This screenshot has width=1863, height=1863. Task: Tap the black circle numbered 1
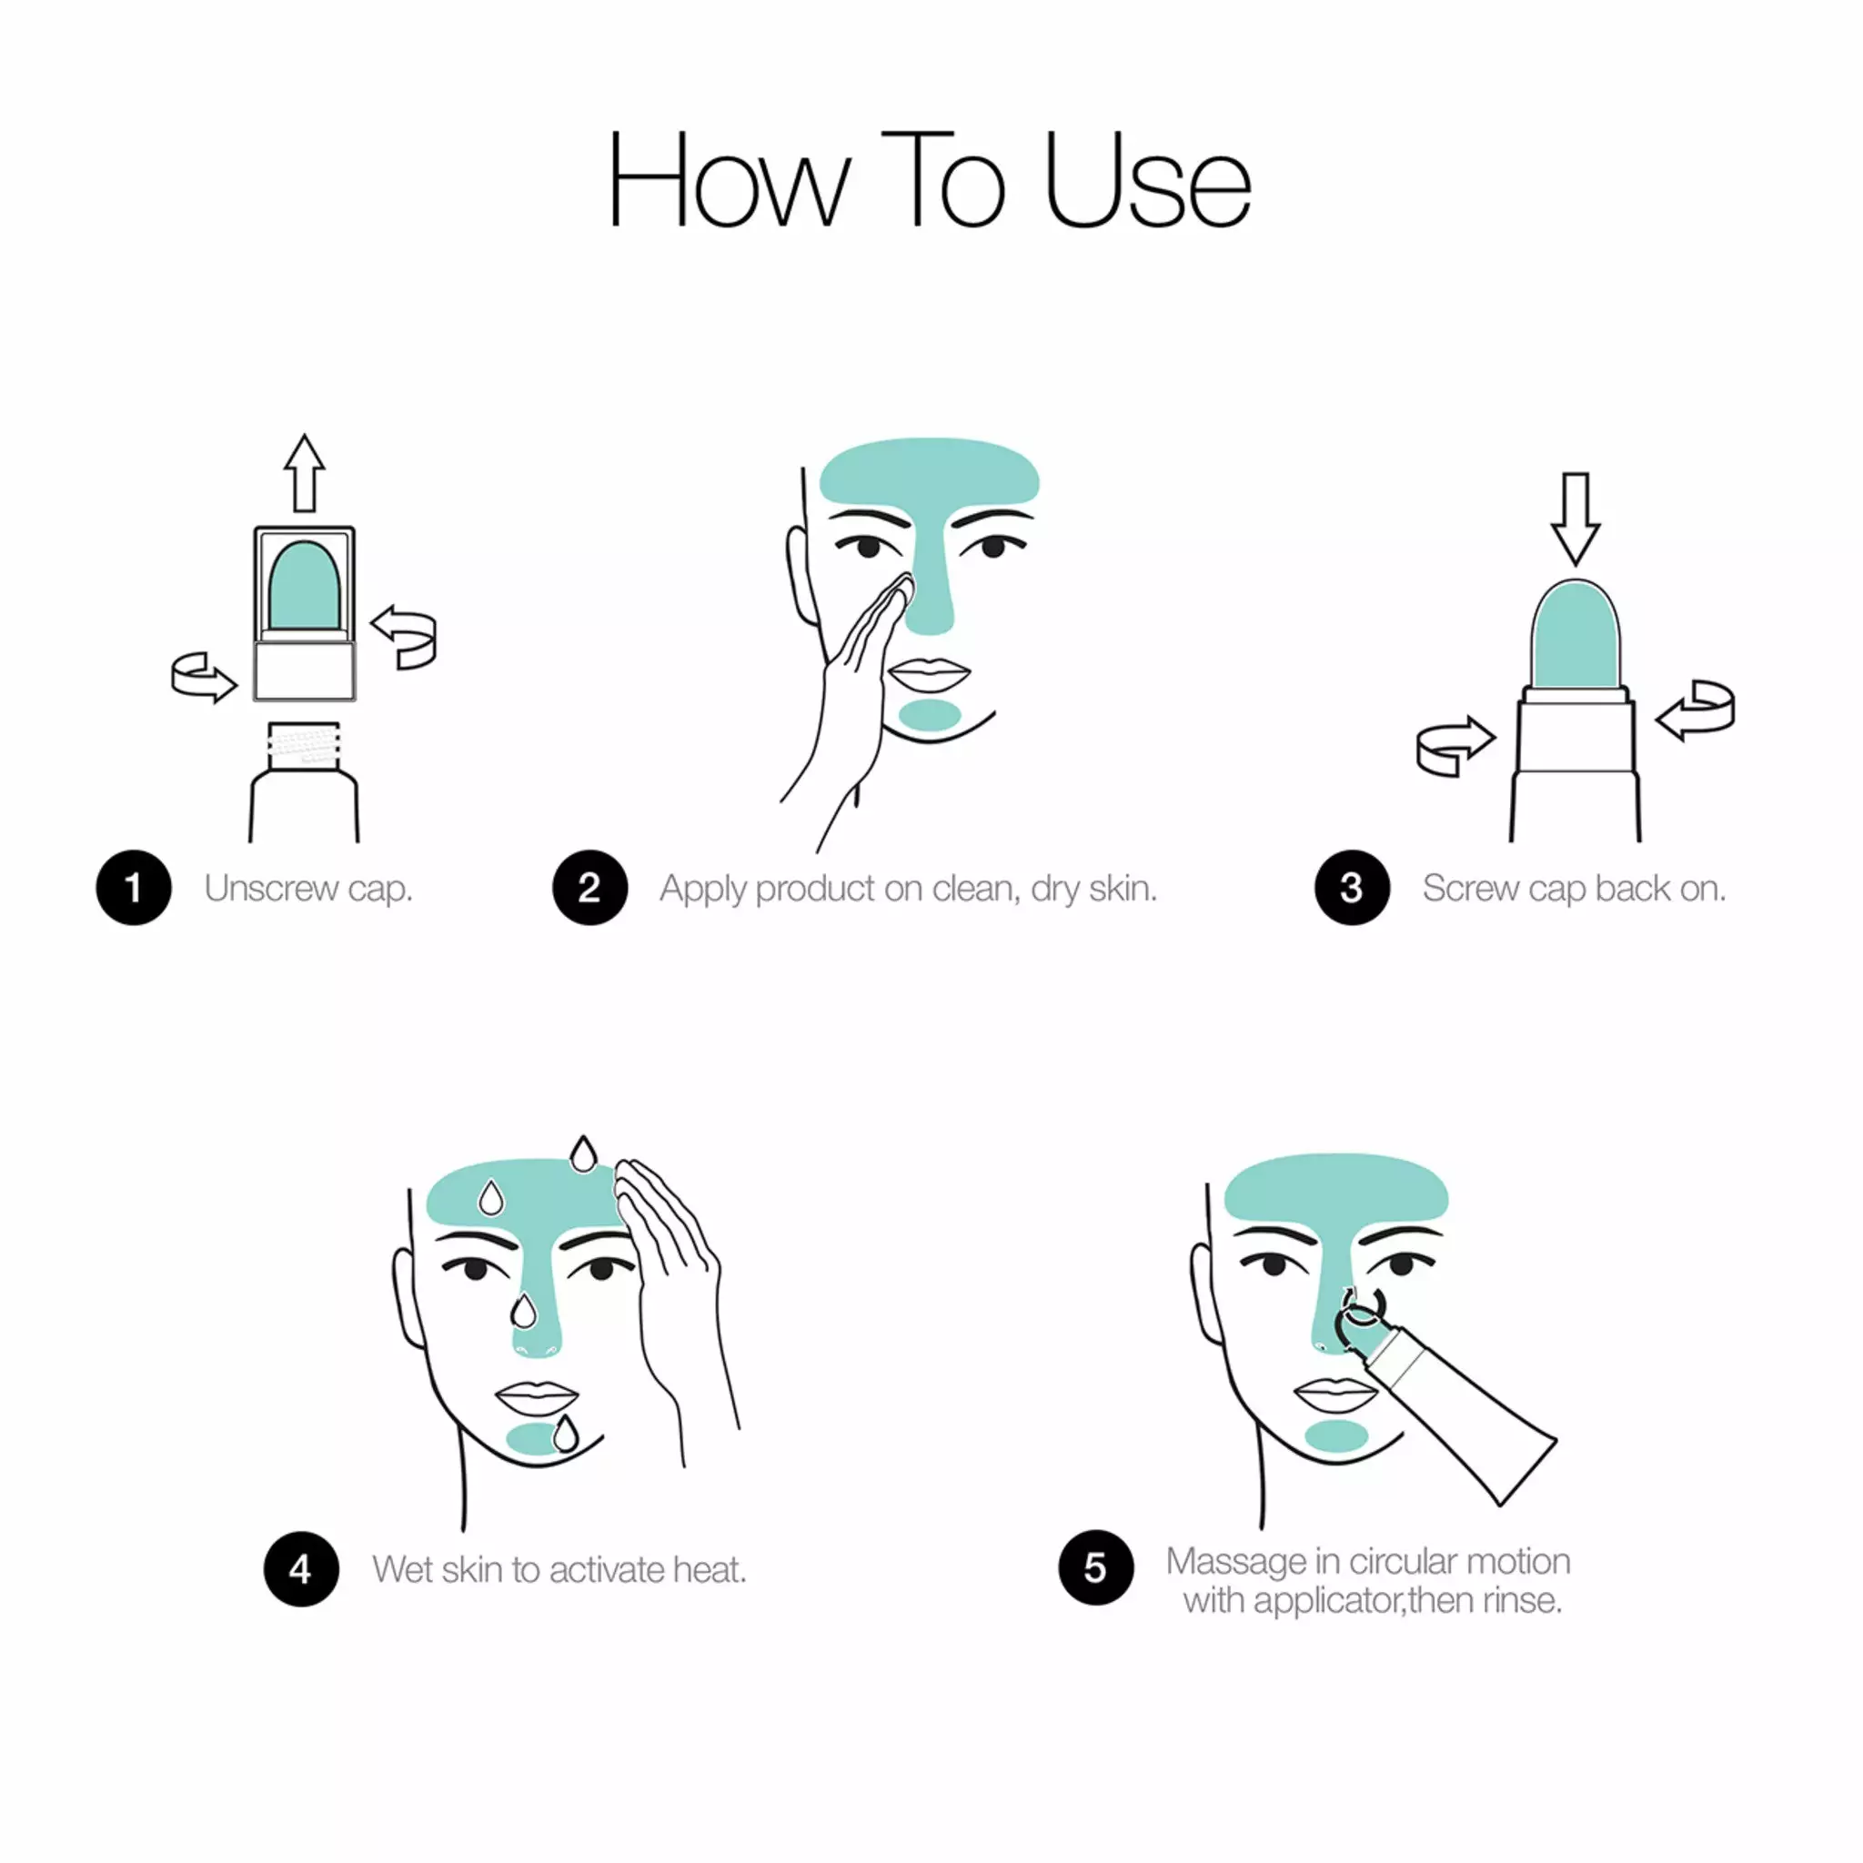tap(133, 887)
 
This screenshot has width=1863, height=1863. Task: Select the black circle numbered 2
tap(589, 887)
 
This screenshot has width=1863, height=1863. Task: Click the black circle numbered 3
tap(1351, 887)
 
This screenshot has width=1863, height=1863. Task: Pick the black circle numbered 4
tap(301, 1569)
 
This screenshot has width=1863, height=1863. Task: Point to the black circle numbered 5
tap(1095, 1567)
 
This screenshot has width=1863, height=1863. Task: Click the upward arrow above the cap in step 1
tap(304, 472)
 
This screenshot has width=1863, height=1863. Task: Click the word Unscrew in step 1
tap(271, 888)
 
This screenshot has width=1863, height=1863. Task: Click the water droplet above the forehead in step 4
tap(582, 1154)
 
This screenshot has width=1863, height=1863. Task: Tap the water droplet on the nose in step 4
tap(523, 1312)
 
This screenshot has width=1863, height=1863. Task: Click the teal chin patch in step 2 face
tap(930, 714)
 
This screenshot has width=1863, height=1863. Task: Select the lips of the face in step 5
tap(1334, 1394)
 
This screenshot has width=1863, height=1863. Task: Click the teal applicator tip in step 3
tap(1575, 637)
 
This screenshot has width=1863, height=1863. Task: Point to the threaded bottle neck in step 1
tap(304, 744)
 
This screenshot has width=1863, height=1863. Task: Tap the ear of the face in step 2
tap(800, 574)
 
